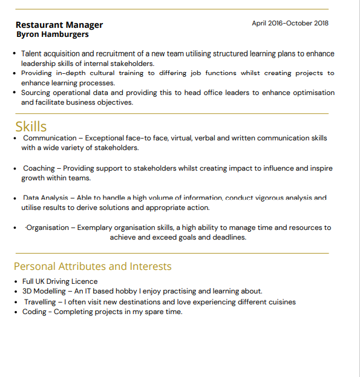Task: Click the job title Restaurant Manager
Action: coord(59,25)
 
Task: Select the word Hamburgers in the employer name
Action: coord(65,34)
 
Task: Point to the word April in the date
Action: coord(259,23)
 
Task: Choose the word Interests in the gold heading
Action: coord(150,266)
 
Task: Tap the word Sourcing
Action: coord(38,93)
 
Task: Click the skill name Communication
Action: coord(50,138)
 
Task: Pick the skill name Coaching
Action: coord(39,168)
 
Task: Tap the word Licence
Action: coord(84,281)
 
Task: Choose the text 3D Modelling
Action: coord(44,291)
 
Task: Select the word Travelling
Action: coord(40,301)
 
